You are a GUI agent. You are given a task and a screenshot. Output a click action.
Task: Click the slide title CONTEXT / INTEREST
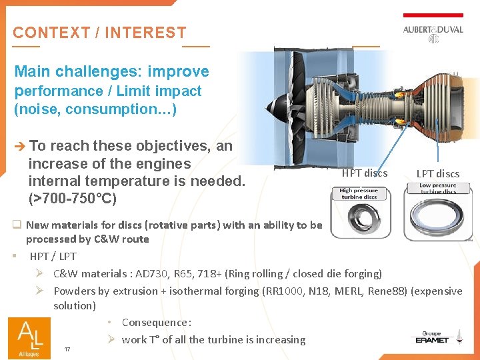(99, 33)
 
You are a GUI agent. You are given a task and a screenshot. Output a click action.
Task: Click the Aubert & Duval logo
(433, 33)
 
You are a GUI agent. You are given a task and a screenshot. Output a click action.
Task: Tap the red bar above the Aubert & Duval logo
(433, 15)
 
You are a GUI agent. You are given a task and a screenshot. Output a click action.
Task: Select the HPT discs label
(364, 173)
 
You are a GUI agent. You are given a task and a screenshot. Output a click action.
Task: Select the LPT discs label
(438, 174)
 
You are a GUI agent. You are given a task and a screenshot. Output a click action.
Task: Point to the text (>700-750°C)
(72, 199)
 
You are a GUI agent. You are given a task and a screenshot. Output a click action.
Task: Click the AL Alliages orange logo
(29, 337)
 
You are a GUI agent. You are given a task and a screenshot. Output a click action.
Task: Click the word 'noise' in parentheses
(38, 109)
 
